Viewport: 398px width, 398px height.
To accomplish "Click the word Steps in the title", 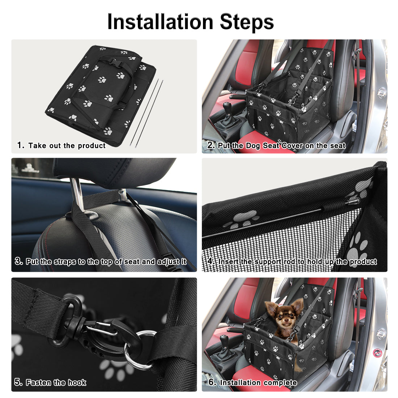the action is (x=247, y=22).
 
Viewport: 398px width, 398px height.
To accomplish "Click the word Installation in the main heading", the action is (x=160, y=22).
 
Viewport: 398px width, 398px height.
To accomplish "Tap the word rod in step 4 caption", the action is (x=289, y=262).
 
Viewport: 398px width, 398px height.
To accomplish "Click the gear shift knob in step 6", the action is (x=224, y=339).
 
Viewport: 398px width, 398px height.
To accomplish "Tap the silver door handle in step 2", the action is (x=381, y=93).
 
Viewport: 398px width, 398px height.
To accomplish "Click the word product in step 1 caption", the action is (x=92, y=146).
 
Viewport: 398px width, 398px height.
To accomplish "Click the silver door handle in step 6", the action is (x=381, y=333).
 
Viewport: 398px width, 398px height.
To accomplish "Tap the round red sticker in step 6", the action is (x=377, y=352).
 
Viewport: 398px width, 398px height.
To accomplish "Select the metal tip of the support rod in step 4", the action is (x=355, y=201).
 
